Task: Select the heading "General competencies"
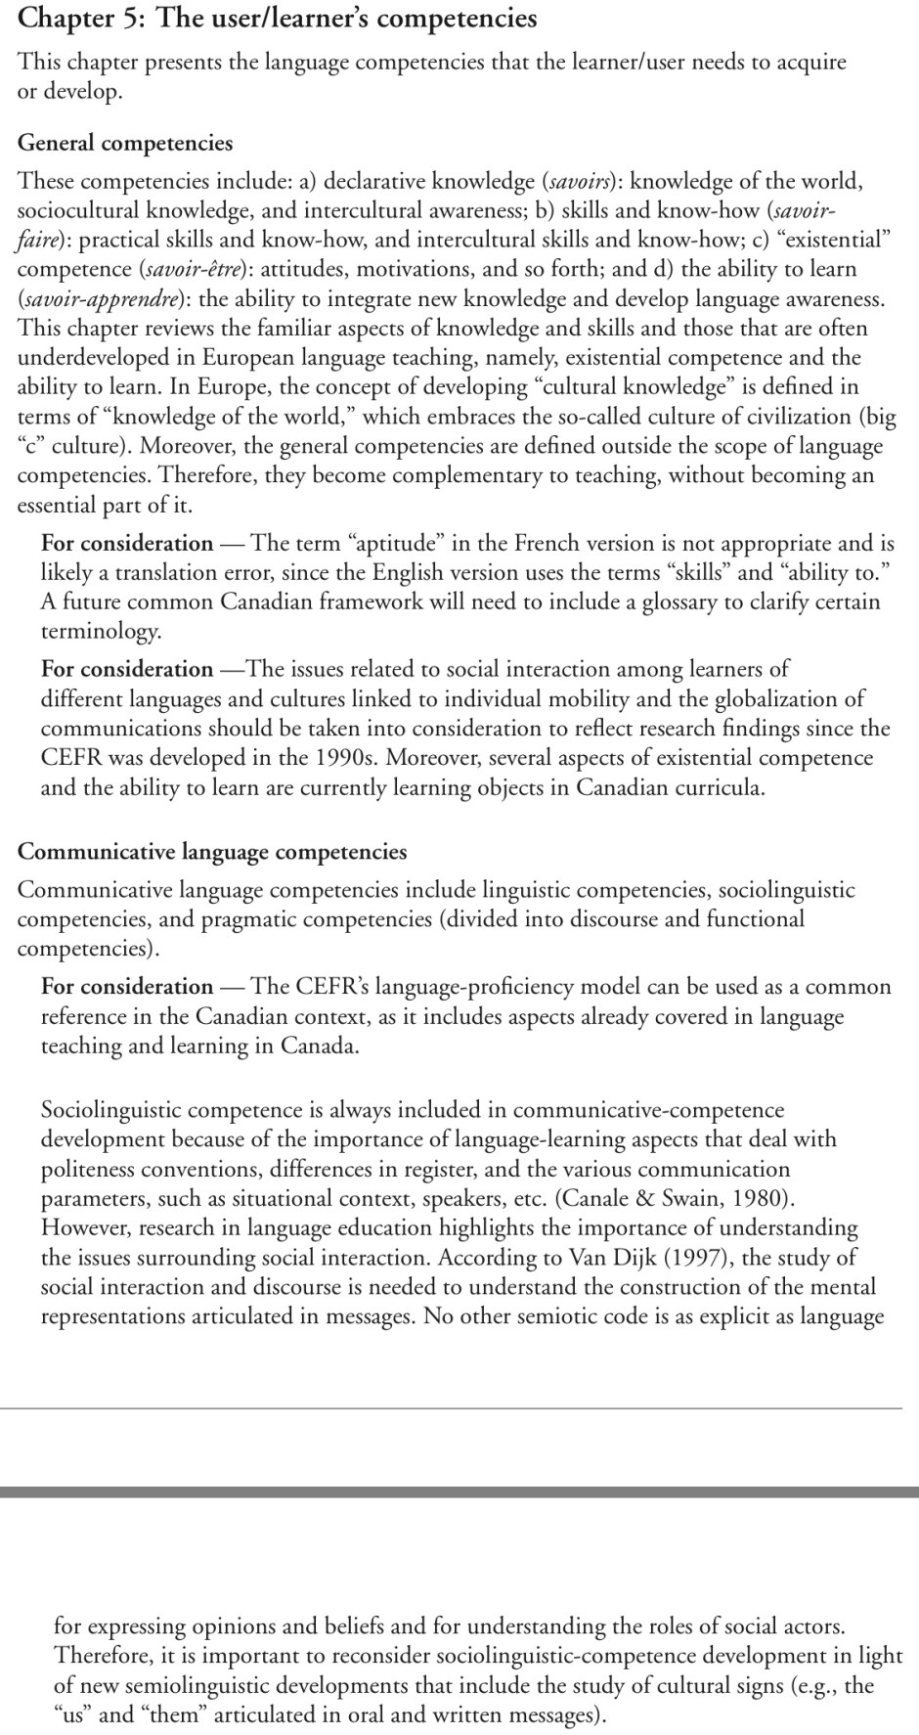click(x=125, y=143)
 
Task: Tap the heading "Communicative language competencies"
click(x=212, y=852)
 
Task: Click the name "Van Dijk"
click(x=618, y=1258)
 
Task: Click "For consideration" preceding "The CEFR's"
click(x=127, y=987)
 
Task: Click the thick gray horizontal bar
click(x=459, y=1492)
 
